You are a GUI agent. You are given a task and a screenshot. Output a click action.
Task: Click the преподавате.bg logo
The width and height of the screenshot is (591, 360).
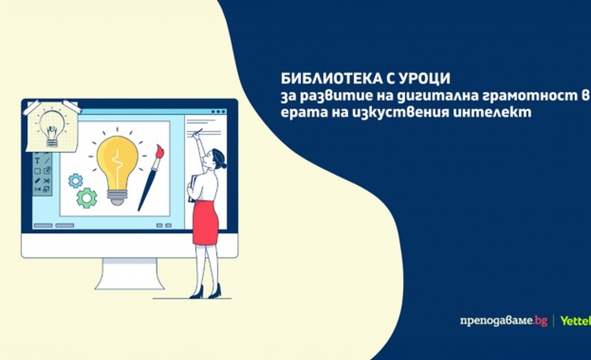504,321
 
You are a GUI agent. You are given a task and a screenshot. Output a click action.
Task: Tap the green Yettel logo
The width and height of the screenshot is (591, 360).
575,321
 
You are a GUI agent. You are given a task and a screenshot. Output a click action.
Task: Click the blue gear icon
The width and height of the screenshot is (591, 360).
76,181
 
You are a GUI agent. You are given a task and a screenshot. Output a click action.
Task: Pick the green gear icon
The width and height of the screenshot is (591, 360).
87,198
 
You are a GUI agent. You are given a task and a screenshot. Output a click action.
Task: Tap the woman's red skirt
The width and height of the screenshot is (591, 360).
206,222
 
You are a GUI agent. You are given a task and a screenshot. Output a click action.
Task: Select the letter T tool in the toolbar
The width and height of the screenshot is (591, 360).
37,161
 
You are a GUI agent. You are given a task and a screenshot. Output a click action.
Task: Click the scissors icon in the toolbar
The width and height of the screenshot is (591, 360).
47,180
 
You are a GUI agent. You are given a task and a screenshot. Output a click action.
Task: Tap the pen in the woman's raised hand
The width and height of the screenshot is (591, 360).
197,132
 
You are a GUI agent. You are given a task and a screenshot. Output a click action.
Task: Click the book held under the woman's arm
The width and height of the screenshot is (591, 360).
192,189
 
